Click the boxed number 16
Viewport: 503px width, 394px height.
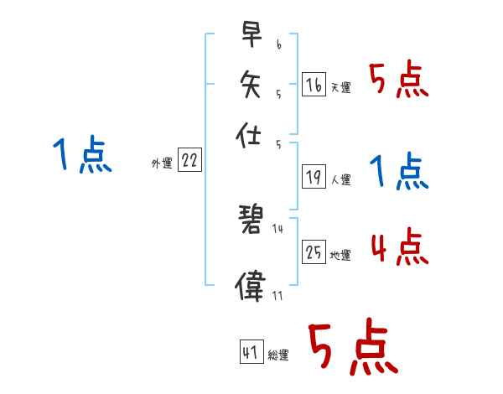[314, 85]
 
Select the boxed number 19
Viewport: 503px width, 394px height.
[314, 177]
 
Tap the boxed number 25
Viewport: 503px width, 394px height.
[314, 252]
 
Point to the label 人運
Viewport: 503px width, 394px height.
[340, 179]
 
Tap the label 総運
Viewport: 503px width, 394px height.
[278, 355]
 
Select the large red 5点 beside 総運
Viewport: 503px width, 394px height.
[352, 348]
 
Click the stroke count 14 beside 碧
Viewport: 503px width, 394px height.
[277, 228]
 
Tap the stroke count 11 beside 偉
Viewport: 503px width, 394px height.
[277, 295]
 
